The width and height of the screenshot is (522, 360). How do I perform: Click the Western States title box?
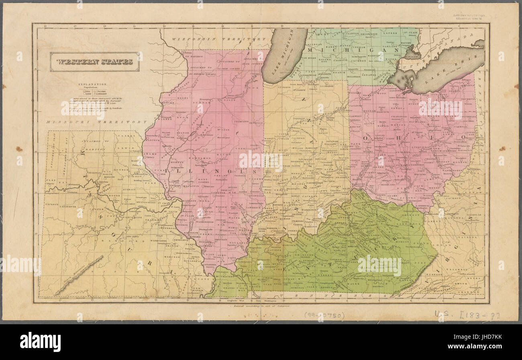pos(95,62)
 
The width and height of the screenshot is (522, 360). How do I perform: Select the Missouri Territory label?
pos(96,122)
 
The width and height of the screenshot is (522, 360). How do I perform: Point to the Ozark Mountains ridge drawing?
pos(78,275)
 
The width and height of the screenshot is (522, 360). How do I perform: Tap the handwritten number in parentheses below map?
pos(324,315)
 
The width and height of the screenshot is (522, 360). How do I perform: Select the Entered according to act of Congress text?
pos(261,306)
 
